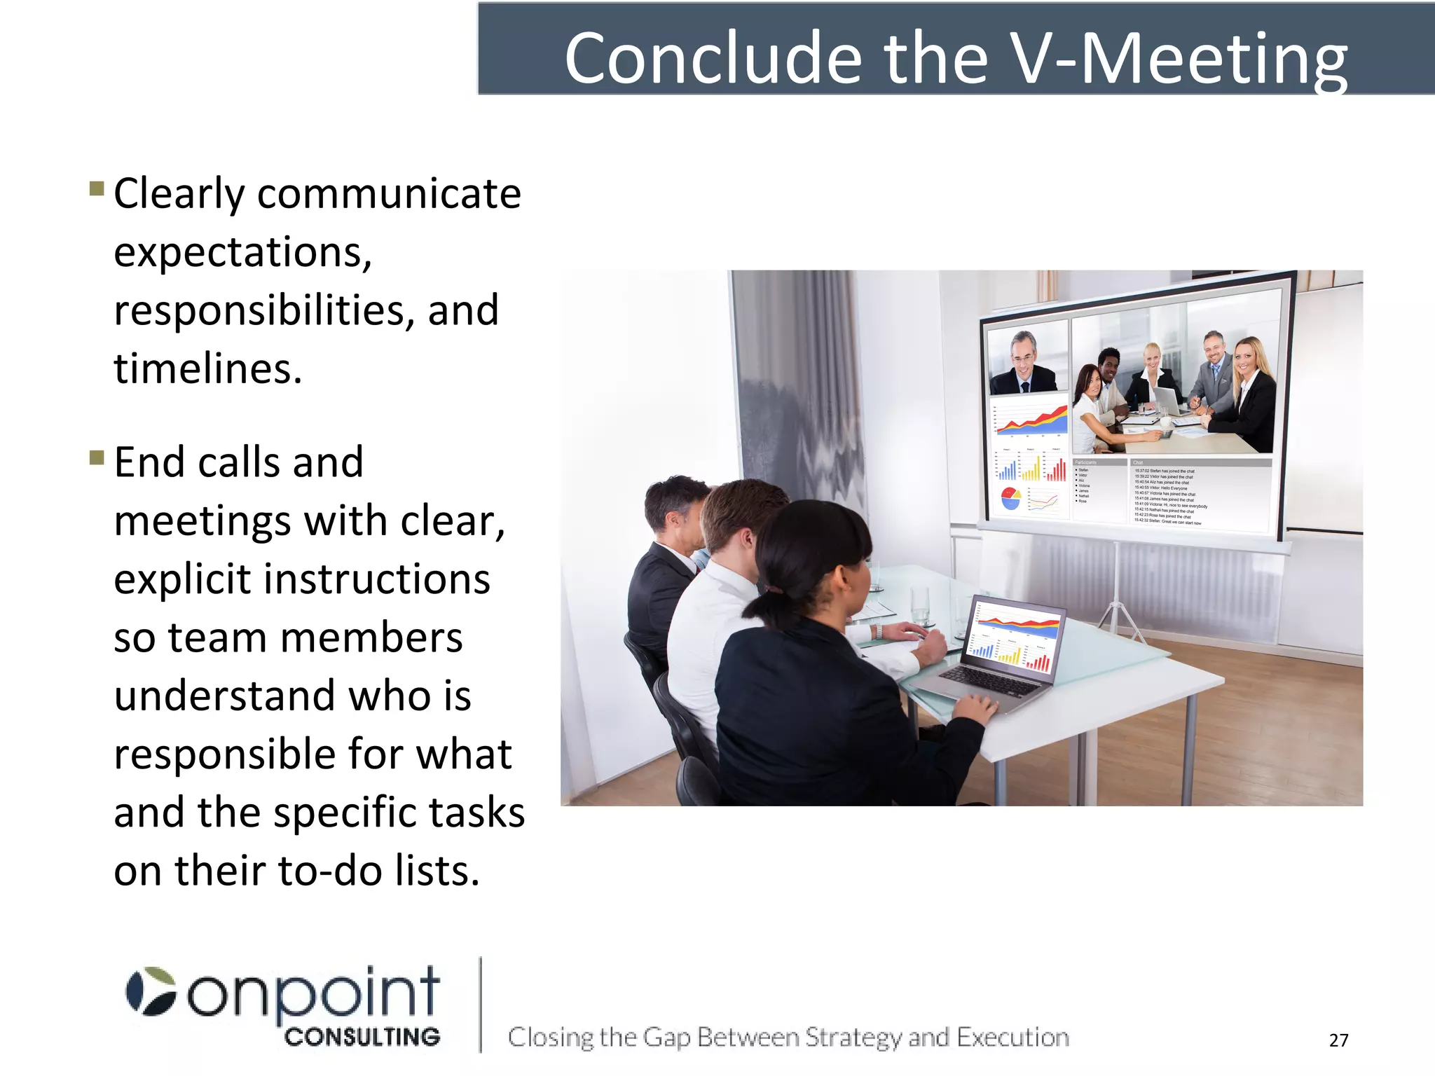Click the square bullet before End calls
97,458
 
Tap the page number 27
1338,1040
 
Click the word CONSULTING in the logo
362,1037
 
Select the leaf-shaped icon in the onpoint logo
151,991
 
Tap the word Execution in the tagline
1012,1037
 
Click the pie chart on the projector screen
1010,498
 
